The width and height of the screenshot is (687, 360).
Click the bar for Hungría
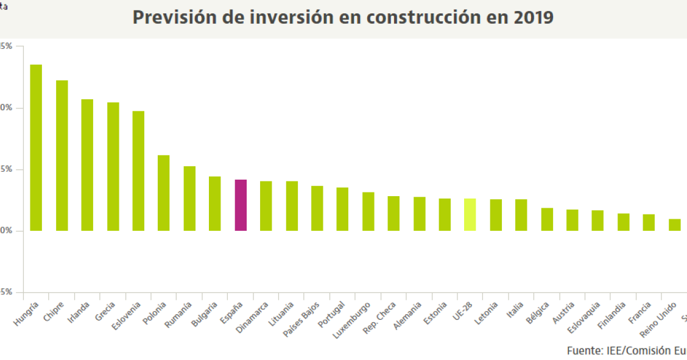pos(36,147)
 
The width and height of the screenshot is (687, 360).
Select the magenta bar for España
pos(241,205)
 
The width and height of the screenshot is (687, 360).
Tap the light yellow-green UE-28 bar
pos(470,214)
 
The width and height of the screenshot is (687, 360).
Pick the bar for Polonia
pos(164,193)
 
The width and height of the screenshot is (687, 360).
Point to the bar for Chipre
pos(62,155)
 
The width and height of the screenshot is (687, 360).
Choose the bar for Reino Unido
pos(674,225)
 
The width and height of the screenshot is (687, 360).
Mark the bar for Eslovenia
pos(138,171)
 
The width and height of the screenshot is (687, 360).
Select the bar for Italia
pos(521,215)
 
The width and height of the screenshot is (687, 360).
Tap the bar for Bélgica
pos(547,219)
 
